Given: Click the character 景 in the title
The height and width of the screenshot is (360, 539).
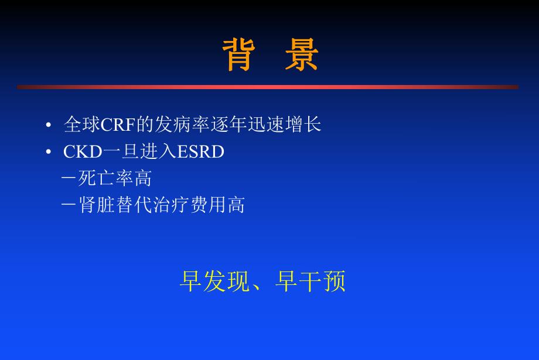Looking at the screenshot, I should point(301,55).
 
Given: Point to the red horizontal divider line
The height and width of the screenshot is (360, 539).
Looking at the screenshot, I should point(268,87).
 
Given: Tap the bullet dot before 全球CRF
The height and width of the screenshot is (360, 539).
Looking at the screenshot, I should point(49,125).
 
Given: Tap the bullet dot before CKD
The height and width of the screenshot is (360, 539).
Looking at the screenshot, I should point(49,152).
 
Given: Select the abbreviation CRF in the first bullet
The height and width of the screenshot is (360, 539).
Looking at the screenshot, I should point(118,125).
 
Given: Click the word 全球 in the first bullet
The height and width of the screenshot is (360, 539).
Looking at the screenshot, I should point(82,125).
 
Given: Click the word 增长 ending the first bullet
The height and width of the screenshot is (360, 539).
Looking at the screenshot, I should point(303,125).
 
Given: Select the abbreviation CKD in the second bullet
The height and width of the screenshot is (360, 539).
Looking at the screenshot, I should point(83,152).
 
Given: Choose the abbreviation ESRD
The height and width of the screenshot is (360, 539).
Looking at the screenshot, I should point(202,152).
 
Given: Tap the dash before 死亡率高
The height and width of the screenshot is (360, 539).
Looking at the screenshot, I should point(69,178).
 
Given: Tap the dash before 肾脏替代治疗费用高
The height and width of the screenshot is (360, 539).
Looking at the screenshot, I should point(69,205).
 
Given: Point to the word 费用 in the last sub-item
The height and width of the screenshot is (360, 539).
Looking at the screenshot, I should point(208,205).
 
